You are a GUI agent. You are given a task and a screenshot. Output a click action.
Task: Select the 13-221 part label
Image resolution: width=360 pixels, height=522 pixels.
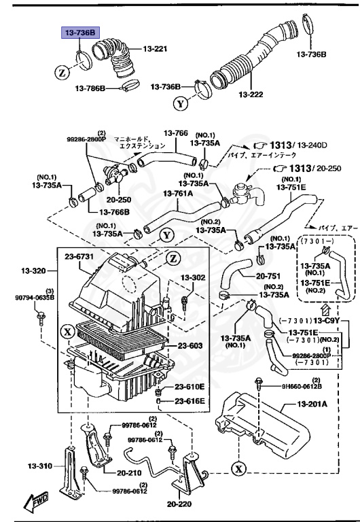point(154,50)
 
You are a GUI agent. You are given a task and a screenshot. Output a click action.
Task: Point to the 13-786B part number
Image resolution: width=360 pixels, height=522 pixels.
point(88,88)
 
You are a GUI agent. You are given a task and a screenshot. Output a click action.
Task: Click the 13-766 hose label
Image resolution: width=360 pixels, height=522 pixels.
point(176,133)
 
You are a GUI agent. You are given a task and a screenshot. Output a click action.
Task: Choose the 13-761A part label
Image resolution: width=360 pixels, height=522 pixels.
point(177,193)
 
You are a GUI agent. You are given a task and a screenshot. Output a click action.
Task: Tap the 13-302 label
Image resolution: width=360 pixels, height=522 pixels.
point(192,278)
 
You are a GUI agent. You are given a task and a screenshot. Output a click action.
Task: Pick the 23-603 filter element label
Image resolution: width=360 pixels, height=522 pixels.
point(190,345)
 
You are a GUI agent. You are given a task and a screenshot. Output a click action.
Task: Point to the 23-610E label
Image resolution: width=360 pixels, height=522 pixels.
point(190,387)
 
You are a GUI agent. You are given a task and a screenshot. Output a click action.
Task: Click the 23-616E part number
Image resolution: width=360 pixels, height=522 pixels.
point(190,401)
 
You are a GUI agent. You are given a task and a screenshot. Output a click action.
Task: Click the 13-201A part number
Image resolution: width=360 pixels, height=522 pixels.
point(312,404)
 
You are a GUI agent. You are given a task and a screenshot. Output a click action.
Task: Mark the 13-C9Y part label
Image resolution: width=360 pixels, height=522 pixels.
point(327,321)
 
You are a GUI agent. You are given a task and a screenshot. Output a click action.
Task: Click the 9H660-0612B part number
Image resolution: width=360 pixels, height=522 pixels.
point(301,386)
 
